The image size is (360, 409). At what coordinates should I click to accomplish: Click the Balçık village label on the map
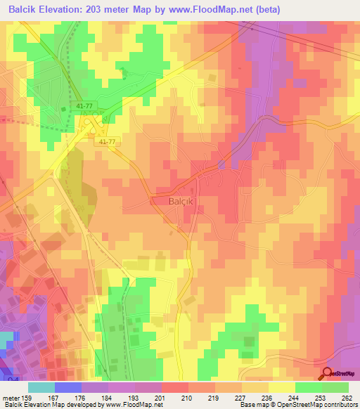[167, 200]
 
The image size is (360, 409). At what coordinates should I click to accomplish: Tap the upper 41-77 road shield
[83, 105]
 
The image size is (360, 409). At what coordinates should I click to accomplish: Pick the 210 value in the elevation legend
[187, 397]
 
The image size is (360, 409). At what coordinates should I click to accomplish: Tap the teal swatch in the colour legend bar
[41, 387]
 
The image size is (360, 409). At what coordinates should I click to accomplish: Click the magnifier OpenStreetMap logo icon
[328, 374]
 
